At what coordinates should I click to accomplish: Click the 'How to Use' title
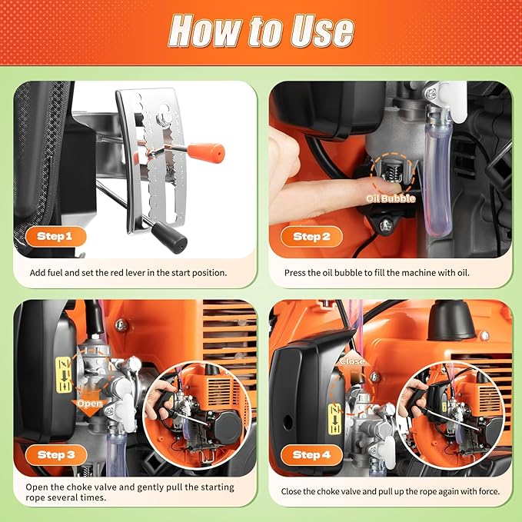[x=261, y=31]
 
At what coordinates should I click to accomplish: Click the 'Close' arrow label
[x=352, y=360]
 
